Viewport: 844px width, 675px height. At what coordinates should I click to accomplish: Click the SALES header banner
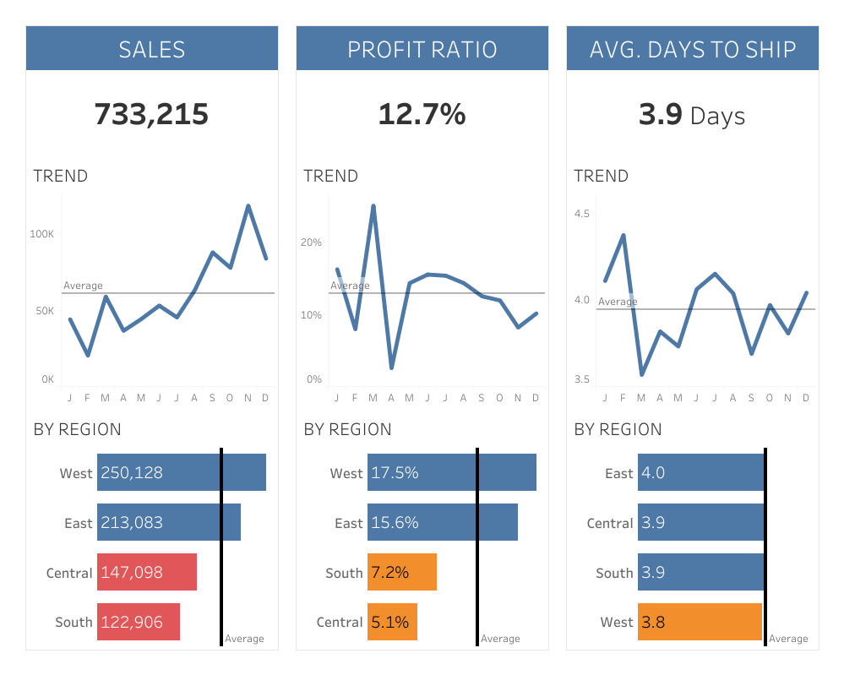click(152, 49)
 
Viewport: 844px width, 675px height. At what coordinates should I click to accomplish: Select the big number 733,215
click(152, 114)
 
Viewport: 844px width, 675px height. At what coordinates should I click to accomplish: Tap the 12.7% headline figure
click(422, 114)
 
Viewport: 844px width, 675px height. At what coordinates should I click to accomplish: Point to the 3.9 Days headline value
click(692, 115)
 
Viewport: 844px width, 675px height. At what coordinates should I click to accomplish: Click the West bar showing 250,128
click(182, 473)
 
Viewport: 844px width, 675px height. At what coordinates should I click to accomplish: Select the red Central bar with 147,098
click(147, 573)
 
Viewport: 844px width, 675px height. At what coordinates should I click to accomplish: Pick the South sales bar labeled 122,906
click(139, 623)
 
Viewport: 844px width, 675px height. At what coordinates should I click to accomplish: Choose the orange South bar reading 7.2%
click(402, 573)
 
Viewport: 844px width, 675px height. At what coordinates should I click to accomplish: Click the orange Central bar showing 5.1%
click(392, 623)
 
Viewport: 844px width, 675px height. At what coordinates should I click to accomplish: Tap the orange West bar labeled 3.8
click(700, 623)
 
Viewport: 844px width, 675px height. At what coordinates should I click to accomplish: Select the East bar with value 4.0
click(701, 473)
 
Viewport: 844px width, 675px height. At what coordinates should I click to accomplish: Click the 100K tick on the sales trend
click(42, 234)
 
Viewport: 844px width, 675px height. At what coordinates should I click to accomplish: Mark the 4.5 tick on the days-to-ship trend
click(581, 215)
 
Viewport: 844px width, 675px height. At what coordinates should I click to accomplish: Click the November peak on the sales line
click(248, 205)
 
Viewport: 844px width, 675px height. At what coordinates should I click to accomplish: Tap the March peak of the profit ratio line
click(373, 205)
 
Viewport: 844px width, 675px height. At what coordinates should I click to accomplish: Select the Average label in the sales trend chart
click(83, 286)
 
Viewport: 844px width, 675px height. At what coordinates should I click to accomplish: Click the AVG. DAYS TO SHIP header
click(692, 49)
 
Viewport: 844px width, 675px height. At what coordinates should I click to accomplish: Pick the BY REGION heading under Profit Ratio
click(347, 429)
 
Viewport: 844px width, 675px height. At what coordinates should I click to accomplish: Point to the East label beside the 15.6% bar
click(348, 524)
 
